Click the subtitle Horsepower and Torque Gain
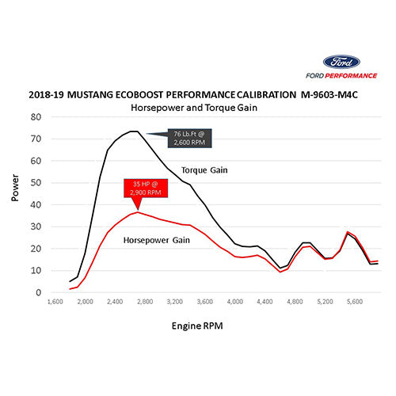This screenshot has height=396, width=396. (194, 106)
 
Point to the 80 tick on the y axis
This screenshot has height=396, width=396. (36, 116)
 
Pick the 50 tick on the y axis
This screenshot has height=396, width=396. (36, 182)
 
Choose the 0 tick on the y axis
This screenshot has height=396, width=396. (38, 292)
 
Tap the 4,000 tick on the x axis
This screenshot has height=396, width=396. (235, 303)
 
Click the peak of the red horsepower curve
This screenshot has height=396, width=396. (138, 211)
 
